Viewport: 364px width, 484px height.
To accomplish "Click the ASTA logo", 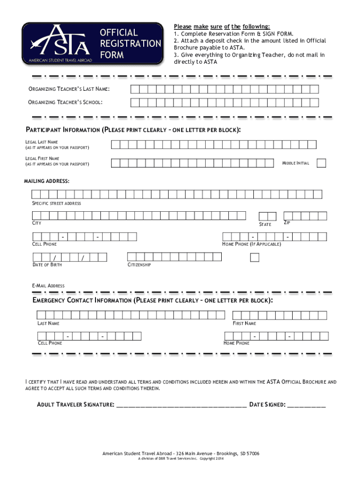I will coord(57,43).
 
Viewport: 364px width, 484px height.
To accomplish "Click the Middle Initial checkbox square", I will coord(321,163).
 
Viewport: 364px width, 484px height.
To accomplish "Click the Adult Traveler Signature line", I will coord(181,406).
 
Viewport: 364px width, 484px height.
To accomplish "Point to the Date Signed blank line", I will coord(306,406).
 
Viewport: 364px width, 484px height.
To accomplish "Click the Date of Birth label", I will coord(47,265).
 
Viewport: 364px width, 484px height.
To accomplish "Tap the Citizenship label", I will coord(139,265).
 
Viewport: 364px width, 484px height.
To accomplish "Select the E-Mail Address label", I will coord(48,286).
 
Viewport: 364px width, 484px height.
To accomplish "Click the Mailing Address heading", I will coord(47,181).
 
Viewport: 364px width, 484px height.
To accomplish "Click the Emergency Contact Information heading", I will coord(152,301).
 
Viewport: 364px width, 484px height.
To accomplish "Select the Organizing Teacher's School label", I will coord(66,102).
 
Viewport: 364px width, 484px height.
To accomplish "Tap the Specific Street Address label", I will coord(56,203).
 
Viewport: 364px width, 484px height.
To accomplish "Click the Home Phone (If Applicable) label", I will coord(251,244).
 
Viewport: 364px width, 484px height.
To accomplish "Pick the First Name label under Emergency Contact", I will coord(244,323).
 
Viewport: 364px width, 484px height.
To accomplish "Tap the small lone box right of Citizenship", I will coord(255,257).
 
